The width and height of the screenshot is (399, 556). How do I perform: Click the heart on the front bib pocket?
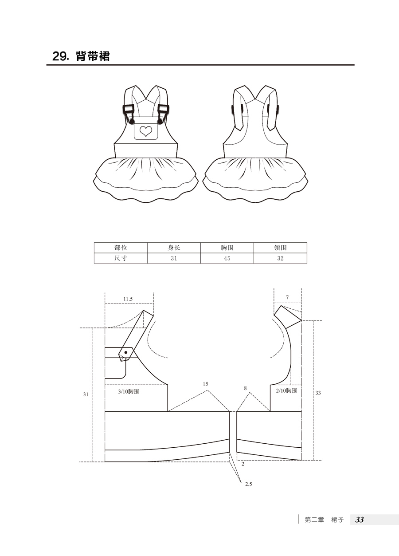(146, 130)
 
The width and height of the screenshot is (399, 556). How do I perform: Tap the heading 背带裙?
(93, 57)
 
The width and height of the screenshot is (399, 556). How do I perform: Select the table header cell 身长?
(174, 248)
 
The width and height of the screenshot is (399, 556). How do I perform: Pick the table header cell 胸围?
(227, 248)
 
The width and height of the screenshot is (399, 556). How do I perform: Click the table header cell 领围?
(280, 248)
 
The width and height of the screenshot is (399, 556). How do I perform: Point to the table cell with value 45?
(227, 258)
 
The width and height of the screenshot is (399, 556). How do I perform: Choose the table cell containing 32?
(280, 258)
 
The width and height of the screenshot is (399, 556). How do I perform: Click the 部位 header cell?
(121, 248)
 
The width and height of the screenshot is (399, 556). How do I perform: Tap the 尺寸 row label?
(121, 258)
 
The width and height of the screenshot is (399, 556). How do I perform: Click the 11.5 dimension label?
(128, 299)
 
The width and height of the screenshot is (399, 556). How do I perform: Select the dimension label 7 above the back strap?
(287, 297)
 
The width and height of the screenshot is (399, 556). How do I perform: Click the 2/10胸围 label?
(286, 391)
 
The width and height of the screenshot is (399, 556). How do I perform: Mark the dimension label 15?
(205, 384)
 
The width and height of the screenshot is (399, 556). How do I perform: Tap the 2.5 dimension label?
(248, 484)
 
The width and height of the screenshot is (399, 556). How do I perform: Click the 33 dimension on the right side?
(318, 393)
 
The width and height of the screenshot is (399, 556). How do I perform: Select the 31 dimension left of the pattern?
(86, 394)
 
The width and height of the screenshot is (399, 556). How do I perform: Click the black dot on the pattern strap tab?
(126, 352)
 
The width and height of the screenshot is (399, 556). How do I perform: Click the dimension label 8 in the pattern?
(245, 388)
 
